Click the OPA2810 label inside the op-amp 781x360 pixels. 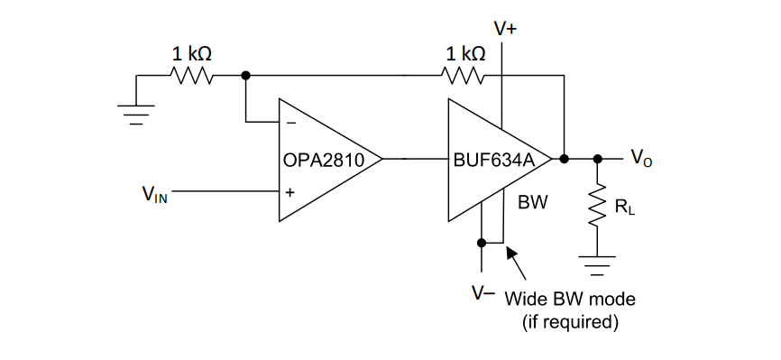click(x=324, y=160)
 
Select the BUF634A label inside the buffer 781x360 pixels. click(x=494, y=160)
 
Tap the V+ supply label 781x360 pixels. click(x=505, y=28)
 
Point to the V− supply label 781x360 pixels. click(x=483, y=293)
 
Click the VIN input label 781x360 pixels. click(x=155, y=194)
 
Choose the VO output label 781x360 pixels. click(x=641, y=158)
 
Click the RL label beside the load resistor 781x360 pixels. click(x=625, y=206)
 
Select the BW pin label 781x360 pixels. click(x=533, y=202)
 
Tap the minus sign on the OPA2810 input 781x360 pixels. click(x=292, y=123)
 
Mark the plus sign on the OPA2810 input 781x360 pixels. click(x=290, y=192)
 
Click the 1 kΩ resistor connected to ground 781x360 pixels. click(x=192, y=76)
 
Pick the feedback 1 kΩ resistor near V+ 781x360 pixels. click(x=463, y=76)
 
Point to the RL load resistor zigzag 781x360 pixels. click(x=598, y=205)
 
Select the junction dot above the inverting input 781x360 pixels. click(x=245, y=75)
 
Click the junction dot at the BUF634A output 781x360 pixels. click(x=564, y=159)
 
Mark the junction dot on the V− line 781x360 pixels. click(x=482, y=243)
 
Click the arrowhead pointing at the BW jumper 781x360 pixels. click(x=510, y=252)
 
